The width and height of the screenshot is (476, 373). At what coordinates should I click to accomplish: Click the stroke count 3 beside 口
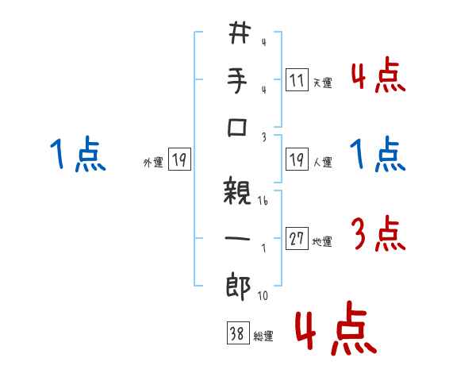(263, 137)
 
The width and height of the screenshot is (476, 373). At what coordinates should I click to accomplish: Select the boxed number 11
(296, 80)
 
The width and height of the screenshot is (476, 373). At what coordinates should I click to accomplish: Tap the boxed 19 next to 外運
(179, 160)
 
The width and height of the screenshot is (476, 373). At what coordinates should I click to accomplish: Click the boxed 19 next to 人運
(297, 160)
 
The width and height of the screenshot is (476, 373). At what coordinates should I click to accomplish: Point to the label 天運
(322, 83)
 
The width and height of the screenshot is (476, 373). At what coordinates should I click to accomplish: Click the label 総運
(263, 336)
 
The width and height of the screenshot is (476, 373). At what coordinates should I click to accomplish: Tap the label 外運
(153, 163)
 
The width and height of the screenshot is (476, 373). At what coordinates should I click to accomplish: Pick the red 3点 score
(378, 236)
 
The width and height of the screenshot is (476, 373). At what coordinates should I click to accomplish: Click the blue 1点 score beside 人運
(378, 155)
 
